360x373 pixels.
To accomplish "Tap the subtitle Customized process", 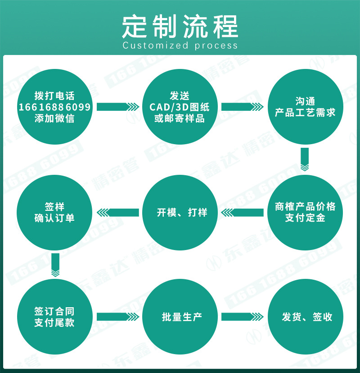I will [x=180, y=45].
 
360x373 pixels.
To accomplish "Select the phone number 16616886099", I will [x=54, y=107].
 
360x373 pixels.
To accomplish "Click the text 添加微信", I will [x=54, y=119].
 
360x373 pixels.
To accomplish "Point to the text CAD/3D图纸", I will [x=180, y=107].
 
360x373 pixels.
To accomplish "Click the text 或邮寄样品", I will [x=180, y=119].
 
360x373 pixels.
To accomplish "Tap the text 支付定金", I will [x=305, y=218].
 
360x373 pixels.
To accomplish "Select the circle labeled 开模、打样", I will [x=180, y=212].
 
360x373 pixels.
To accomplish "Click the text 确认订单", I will [x=54, y=218].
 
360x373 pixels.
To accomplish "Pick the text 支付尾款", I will [x=54, y=323].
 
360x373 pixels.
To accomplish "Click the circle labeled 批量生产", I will [x=180, y=317].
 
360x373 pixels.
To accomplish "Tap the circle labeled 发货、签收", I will [x=305, y=317].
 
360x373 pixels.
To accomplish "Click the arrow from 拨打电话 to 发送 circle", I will [x=117, y=107].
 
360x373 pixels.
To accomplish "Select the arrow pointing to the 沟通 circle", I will [x=243, y=107].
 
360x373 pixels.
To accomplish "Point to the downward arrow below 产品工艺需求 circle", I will [x=305, y=160].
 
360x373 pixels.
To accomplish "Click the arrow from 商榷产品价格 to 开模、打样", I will [x=243, y=212].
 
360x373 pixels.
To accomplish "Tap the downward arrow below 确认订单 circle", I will [x=55, y=265].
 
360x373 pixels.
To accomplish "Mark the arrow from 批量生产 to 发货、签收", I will [x=243, y=316].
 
